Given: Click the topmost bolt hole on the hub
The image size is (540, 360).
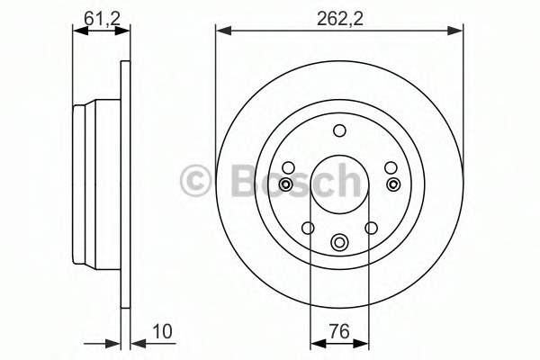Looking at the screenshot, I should point(339,131).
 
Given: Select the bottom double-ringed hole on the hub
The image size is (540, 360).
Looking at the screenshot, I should point(339,241).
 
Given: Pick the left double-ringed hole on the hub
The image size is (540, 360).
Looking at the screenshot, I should point(286,184).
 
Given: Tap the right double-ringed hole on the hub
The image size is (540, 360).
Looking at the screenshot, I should point(392,184).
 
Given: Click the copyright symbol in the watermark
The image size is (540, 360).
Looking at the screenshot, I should point(194,181).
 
